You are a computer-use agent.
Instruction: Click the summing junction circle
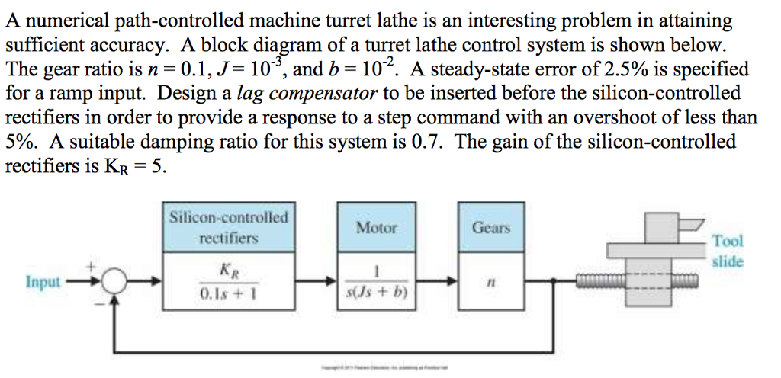pos(114,282)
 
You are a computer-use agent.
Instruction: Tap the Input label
pos(43,282)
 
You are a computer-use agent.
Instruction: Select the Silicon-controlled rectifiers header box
pos(229,227)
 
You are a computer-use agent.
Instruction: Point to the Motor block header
pos(377,227)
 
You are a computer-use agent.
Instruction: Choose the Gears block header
pos(491,227)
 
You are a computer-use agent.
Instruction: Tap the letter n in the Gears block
pos(491,281)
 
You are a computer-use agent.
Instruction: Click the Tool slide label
pos(727,251)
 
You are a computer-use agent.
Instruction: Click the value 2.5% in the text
pos(606,70)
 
